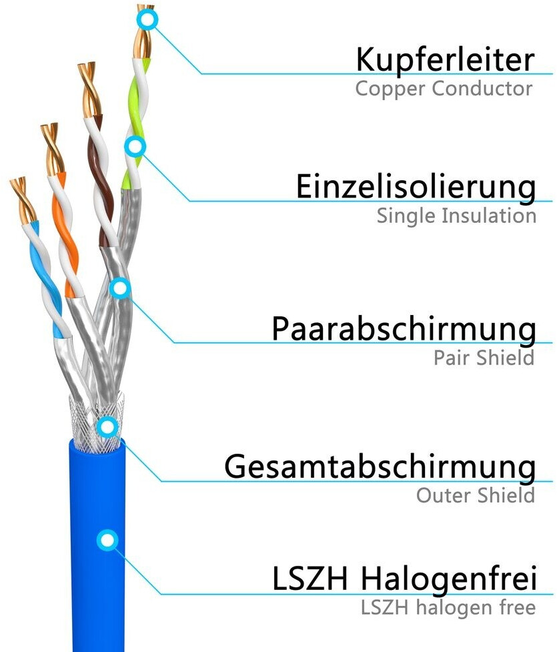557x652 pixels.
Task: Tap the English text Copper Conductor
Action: coord(444,88)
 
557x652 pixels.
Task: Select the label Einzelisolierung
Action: coord(416,187)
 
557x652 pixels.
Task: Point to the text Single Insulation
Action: coord(456,216)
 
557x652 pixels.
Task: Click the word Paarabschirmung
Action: coord(403,329)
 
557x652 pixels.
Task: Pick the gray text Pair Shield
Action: coord(484,357)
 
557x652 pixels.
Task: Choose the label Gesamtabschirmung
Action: coord(380,467)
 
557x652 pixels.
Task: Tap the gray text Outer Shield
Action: coord(475,495)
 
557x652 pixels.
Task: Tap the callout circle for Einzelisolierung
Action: coord(135,145)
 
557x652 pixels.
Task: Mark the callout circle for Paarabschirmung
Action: coord(119,288)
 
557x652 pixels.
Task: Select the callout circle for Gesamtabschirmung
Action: coord(107,426)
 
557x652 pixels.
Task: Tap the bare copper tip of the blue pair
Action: coord(22,198)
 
